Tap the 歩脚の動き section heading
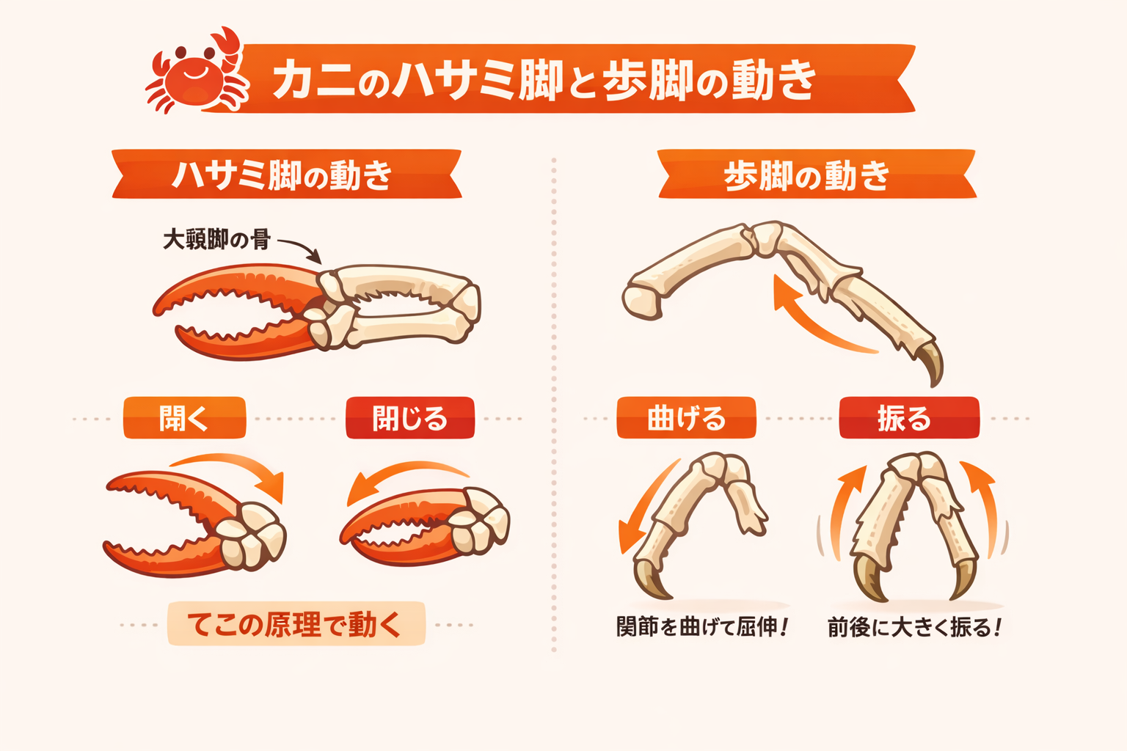coord(807,175)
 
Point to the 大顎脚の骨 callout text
coord(216,239)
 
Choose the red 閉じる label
coord(410,418)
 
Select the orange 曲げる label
coord(686,418)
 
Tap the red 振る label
coord(908,418)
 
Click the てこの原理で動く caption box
coord(296,624)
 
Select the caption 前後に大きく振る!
coord(914,628)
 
